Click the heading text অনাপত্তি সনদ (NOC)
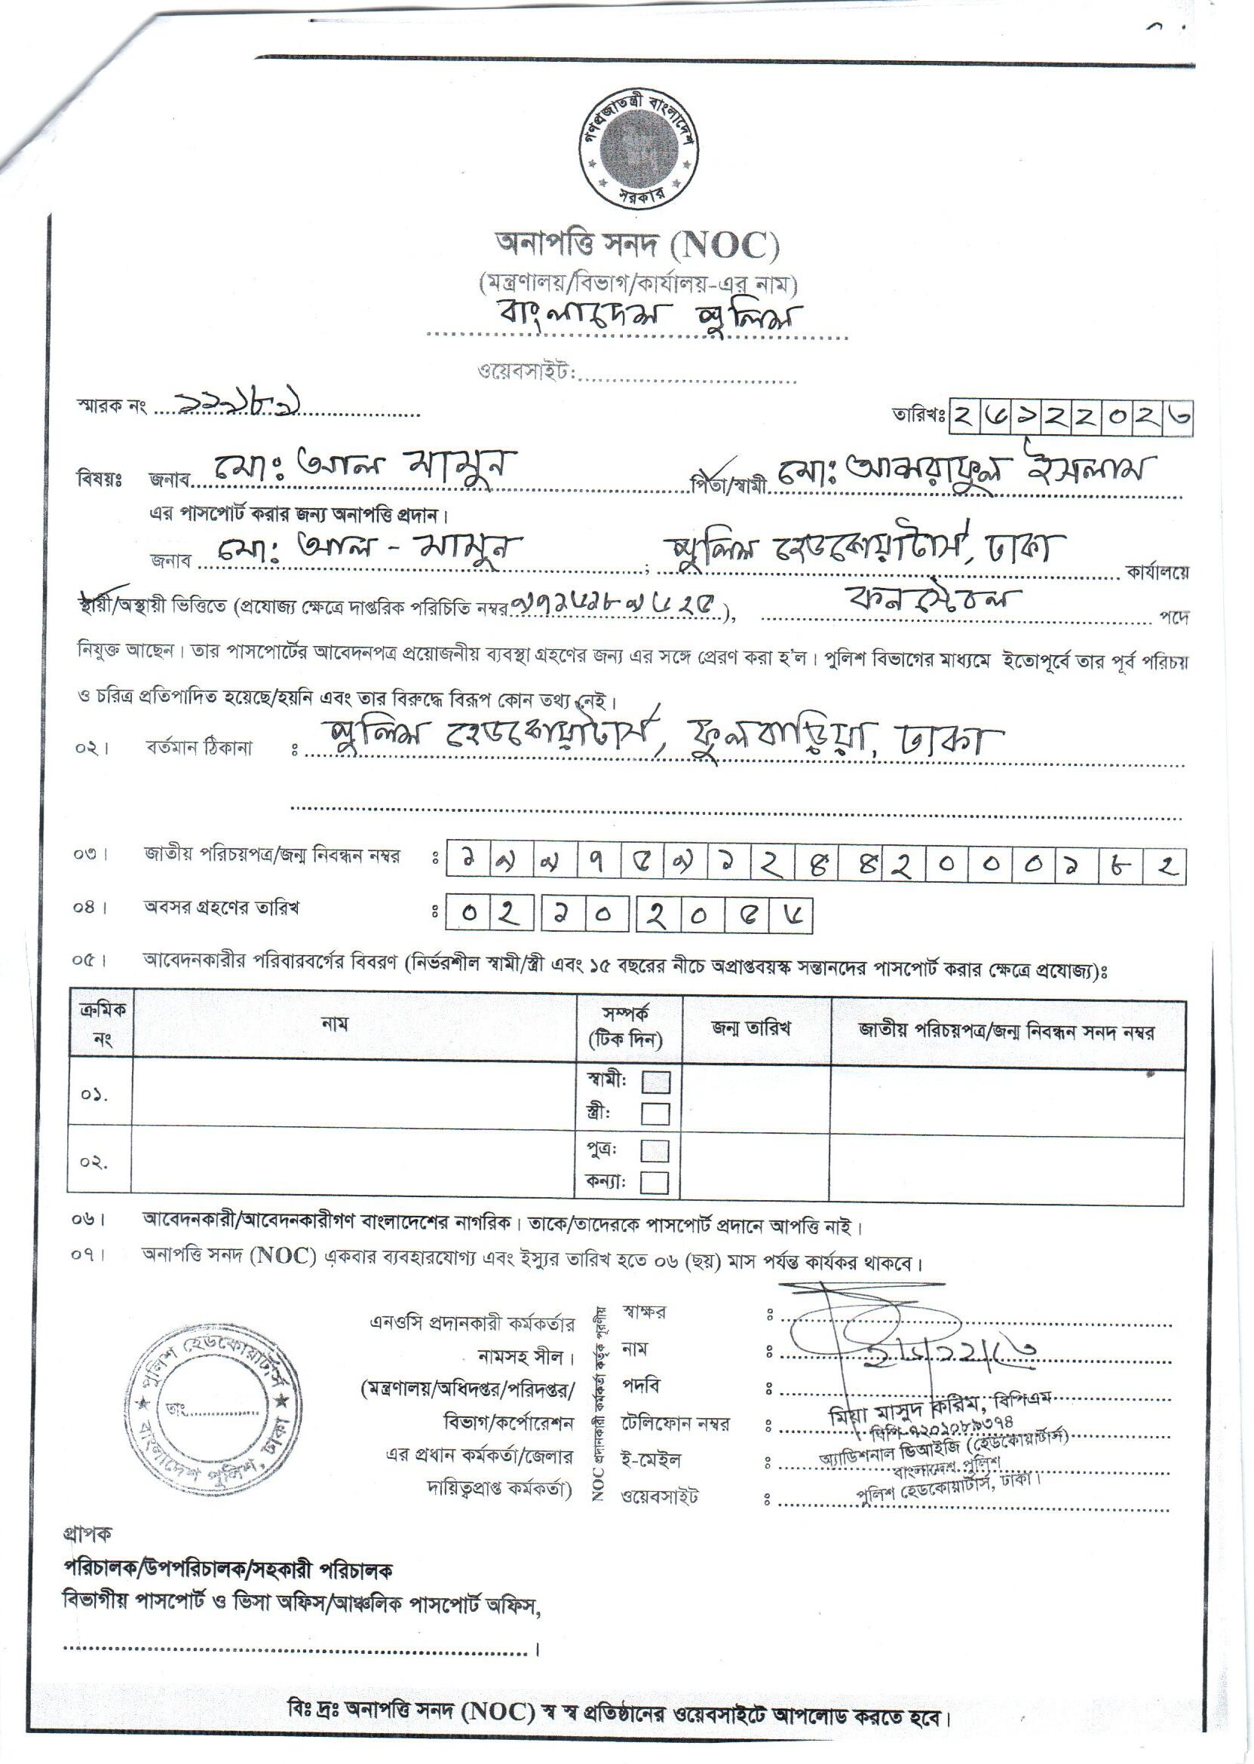(638, 246)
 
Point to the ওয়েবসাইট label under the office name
(526, 372)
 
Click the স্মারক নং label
(111, 406)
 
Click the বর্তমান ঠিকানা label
(199, 748)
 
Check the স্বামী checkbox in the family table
(655, 1082)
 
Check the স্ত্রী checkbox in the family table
(655, 1113)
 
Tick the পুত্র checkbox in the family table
(655, 1151)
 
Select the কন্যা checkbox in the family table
(655, 1182)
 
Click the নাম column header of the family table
(334, 1024)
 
